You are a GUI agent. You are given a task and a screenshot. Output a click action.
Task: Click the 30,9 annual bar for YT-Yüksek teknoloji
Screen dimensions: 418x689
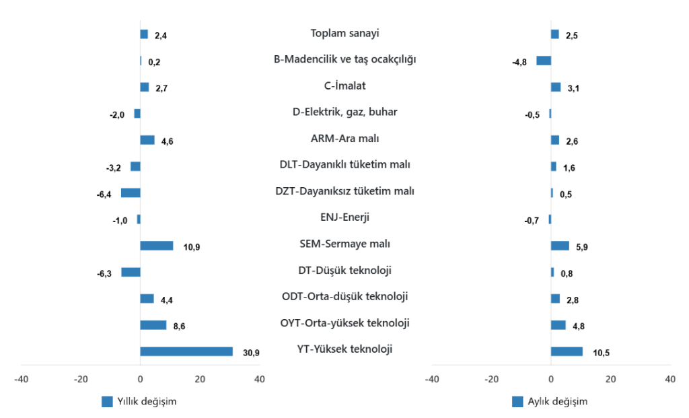[x=186, y=351]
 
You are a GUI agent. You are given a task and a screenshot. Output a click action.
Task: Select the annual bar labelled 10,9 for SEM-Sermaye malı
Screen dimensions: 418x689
[x=157, y=246]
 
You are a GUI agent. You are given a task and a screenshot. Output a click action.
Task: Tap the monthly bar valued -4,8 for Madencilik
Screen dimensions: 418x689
[x=544, y=61]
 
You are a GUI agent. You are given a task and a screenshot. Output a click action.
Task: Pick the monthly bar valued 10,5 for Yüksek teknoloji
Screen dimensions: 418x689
[x=567, y=351]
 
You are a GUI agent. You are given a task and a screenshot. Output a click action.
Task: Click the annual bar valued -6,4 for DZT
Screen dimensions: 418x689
[x=131, y=193]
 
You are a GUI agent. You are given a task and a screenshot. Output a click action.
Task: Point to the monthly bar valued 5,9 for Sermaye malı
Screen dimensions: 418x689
[x=560, y=246]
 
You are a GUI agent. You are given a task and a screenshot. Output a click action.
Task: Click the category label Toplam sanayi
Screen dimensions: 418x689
[x=344, y=33]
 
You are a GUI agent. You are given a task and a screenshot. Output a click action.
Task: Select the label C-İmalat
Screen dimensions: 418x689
[x=344, y=85]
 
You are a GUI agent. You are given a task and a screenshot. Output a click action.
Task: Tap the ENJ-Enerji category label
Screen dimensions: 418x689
[x=344, y=217]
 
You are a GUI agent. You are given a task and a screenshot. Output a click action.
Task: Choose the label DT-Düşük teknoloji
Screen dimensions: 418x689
[x=344, y=271]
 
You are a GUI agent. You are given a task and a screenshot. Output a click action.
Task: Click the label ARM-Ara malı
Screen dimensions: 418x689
[x=344, y=139]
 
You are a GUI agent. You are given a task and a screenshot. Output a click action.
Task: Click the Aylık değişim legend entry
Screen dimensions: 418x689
[x=550, y=402]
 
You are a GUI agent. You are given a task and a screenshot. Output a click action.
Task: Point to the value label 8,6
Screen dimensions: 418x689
[x=179, y=326]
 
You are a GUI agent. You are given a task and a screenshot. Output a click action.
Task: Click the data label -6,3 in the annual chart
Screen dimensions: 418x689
[x=104, y=274]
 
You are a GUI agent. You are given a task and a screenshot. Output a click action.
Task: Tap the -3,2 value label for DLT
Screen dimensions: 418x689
[x=114, y=168]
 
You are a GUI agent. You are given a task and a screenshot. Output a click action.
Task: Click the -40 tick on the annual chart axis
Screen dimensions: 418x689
[x=22, y=380]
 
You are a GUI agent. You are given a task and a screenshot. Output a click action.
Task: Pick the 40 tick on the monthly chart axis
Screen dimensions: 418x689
[x=670, y=380]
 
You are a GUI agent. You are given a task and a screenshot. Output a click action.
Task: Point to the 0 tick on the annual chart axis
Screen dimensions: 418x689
[x=140, y=380]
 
